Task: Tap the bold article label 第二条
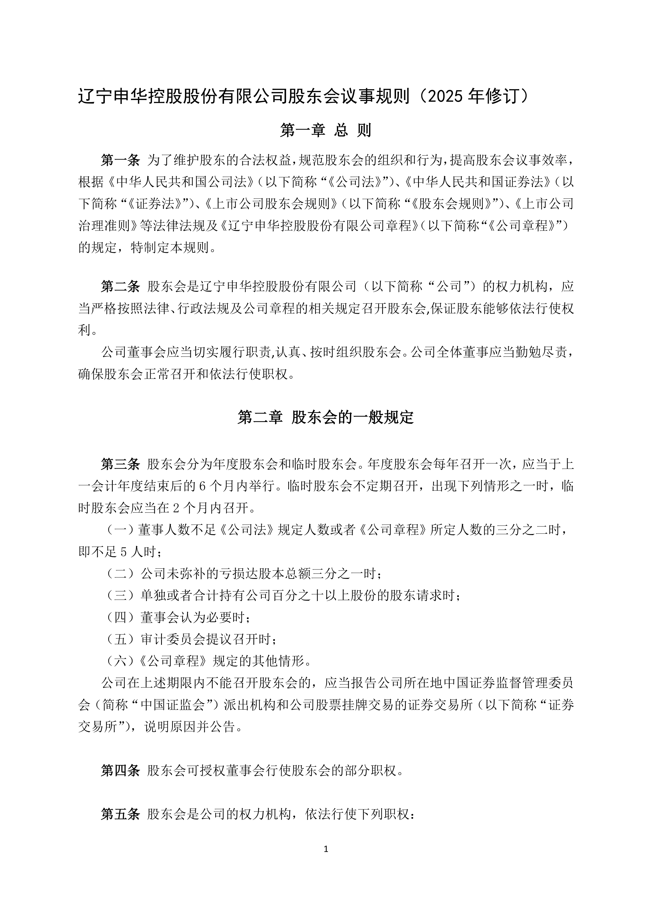pyautogui.click(x=120, y=287)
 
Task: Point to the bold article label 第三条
pyautogui.click(x=120, y=464)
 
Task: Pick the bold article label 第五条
pyautogui.click(x=120, y=814)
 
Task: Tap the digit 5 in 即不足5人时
pyautogui.click(x=124, y=552)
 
